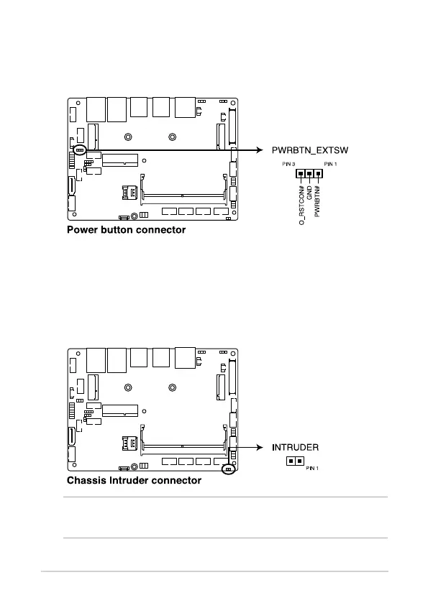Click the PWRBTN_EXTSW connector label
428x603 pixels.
310,150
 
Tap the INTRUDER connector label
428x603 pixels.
295,447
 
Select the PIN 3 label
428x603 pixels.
288,164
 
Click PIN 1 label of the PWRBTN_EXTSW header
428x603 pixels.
330,164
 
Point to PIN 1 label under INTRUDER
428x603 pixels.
312,468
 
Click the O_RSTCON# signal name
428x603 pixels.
301,206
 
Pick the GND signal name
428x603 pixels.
309,193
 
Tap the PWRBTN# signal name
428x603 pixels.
317,201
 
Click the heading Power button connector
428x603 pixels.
127,230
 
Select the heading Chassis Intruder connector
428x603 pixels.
134,480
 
